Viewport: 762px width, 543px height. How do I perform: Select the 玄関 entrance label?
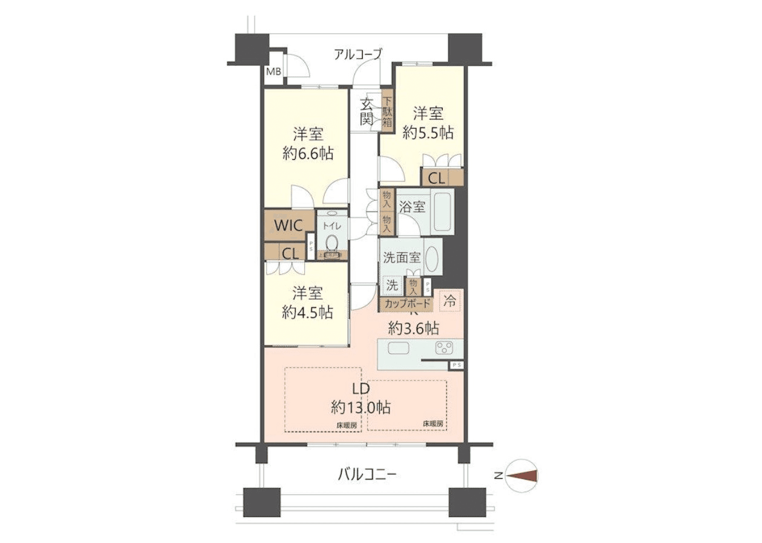366,111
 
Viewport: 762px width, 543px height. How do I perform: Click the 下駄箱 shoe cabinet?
387,112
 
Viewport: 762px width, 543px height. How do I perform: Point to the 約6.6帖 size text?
308,154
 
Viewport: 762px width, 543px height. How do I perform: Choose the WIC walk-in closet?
288,226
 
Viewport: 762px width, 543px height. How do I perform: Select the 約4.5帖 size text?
307,313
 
